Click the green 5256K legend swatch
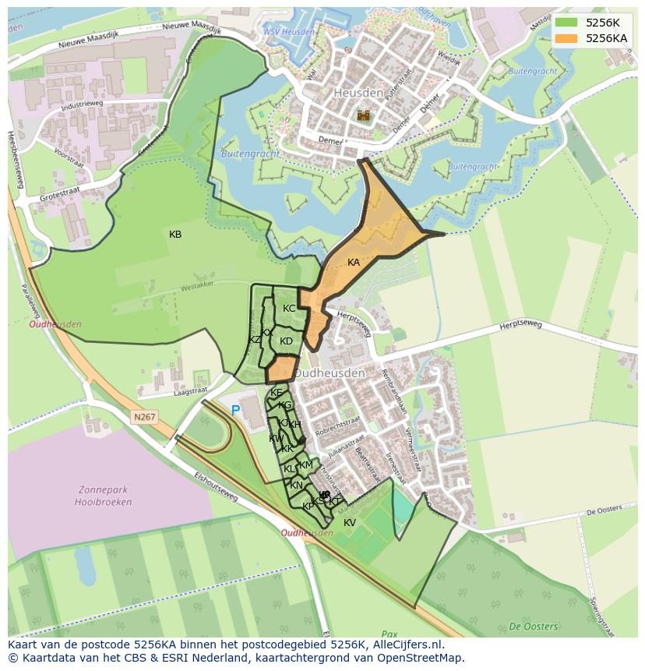click(x=566, y=23)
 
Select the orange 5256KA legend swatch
click(x=566, y=38)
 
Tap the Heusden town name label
click(x=358, y=93)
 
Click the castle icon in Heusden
click(x=364, y=115)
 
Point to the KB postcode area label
click(x=175, y=235)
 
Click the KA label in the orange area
click(x=354, y=263)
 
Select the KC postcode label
click(x=289, y=309)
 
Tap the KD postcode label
click(x=286, y=341)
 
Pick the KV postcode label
click(x=350, y=523)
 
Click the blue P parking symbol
click(x=235, y=410)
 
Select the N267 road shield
click(x=144, y=418)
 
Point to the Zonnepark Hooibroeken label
click(x=105, y=496)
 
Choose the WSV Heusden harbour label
click(x=288, y=32)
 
